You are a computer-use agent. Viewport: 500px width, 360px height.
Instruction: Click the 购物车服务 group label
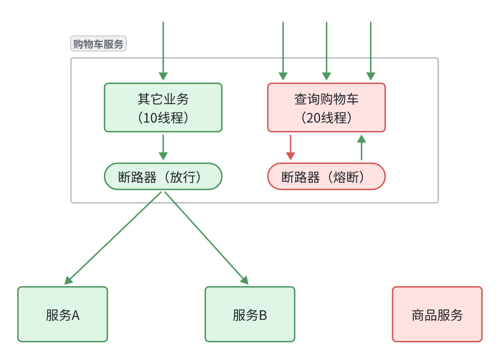pyautogui.click(x=98, y=44)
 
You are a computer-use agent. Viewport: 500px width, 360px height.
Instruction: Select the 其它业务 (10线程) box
pyautogui.click(x=163, y=107)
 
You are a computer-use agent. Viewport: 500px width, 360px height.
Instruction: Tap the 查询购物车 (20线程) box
pyautogui.click(x=326, y=107)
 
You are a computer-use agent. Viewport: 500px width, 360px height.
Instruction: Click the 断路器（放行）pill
pyautogui.click(x=163, y=176)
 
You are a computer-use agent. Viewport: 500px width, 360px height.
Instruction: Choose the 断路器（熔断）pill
pyautogui.click(x=326, y=176)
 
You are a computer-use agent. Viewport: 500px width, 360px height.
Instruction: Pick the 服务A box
pyautogui.click(x=62, y=314)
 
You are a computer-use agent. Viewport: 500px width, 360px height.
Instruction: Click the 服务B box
pyautogui.click(x=250, y=314)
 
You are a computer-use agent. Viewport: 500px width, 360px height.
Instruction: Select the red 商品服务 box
pyautogui.click(x=437, y=314)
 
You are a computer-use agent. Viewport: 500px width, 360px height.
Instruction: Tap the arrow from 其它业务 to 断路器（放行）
pyautogui.click(x=163, y=147)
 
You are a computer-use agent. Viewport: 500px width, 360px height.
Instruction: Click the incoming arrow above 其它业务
pyautogui.click(x=163, y=51)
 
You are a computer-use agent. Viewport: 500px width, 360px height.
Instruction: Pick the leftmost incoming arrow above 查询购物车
pyautogui.click(x=283, y=51)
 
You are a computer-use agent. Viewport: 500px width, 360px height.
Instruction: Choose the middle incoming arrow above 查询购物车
pyautogui.click(x=326, y=51)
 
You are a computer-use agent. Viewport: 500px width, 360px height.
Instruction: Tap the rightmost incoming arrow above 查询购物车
pyautogui.click(x=370, y=51)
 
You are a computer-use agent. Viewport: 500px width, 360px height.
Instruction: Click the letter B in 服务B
pyautogui.click(x=263, y=315)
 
